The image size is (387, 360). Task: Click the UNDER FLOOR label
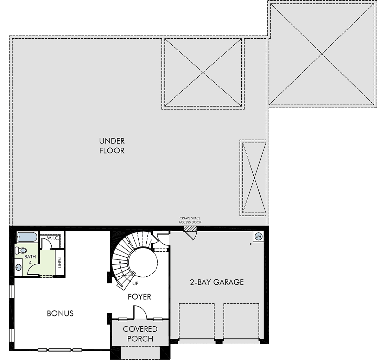[112, 146]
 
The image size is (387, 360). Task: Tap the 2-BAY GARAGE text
[217, 282]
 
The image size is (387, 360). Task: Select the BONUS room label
[60, 313]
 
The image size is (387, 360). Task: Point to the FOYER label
[139, 297]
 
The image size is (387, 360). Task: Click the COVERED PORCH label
[140, 334]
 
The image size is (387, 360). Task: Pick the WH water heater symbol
[258, 237]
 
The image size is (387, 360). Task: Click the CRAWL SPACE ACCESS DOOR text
[190, 220]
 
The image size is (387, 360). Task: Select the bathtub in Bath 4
[27, 237]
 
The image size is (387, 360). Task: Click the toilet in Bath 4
[21, 251]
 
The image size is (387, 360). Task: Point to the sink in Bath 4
[19, 267]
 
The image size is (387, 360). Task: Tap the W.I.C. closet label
[53, 238]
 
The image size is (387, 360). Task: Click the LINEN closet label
[60, 263]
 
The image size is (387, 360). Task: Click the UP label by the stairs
[135, 284]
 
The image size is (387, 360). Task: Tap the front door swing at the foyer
[140, 312]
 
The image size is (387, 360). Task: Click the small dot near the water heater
[251, 244]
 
